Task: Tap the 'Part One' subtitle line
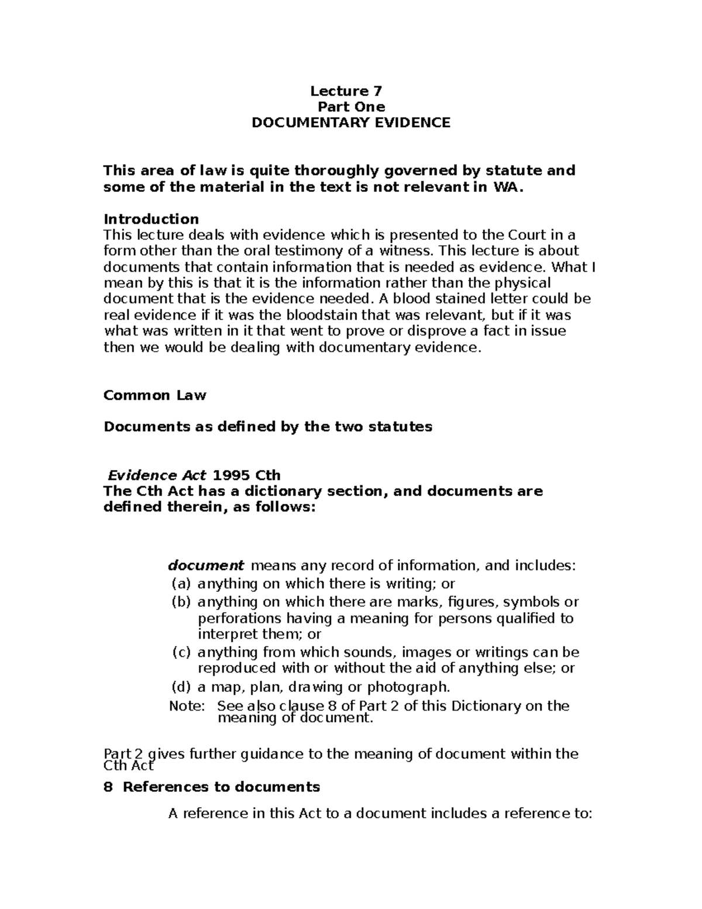350,107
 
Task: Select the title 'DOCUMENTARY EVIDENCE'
350,123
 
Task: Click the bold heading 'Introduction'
151,219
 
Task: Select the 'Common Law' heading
154,395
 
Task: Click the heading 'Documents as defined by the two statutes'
267,427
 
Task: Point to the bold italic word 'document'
206,566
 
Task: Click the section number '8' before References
107,787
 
